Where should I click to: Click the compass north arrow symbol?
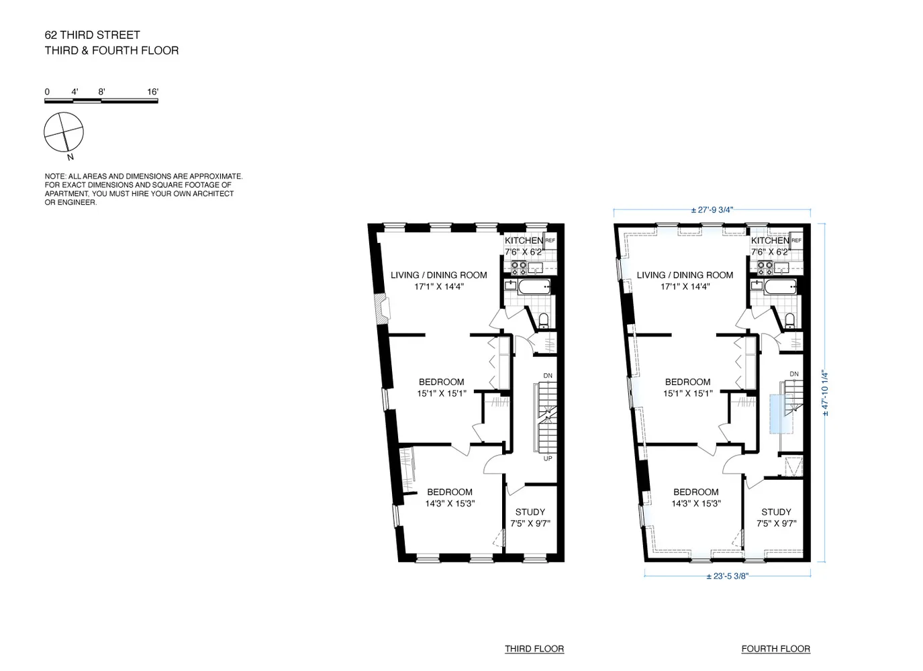click(64, 132)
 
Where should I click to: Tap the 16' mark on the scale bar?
click(152, 92)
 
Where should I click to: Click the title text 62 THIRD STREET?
click(92, 35)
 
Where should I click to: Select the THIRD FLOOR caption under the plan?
click(534, 649)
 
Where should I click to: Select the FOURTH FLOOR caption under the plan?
click(775, 649)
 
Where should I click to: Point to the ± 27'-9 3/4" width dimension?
click(712, 210)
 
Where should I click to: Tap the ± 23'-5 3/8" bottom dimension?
click(727, 576)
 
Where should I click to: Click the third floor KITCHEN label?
click(524, 241)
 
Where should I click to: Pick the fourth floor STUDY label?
click(776, 512)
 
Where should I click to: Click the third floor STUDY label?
click(530, 512)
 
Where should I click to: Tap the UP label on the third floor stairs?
click(548, 459)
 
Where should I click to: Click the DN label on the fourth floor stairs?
click(794, 374)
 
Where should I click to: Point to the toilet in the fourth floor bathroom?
click(789, 319)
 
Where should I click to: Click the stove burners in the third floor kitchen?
click(519, 268)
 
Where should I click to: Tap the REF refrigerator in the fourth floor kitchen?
click(797, 240)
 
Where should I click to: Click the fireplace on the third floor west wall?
click(383, 309)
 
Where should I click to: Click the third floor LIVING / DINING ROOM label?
click(439, 275)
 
